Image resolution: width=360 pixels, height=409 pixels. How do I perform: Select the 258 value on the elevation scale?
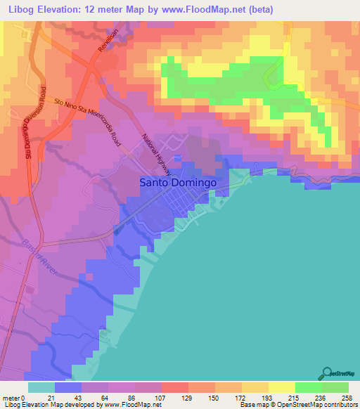(x=346, y=398)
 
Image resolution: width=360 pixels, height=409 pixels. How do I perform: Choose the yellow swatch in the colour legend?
(x=281, y=387)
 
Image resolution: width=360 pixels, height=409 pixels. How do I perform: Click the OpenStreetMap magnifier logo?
(x=328, y=373)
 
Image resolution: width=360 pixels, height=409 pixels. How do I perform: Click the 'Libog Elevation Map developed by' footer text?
(x=52, y=405)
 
